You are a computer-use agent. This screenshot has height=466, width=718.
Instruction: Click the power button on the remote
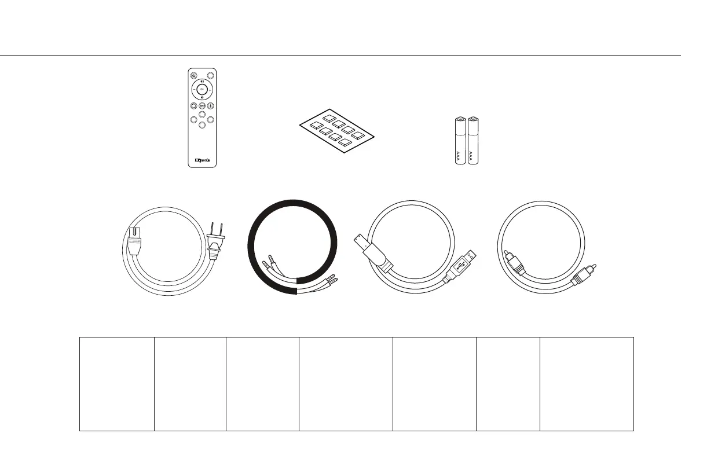(x=193, y=75)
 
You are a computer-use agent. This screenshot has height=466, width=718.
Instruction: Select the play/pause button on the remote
(x=202, y=106)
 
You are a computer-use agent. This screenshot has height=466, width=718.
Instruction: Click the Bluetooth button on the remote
(x=211, y=106)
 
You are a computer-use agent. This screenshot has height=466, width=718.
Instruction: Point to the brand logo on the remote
(x=202, y=160)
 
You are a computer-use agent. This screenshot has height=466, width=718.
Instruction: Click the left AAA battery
(x=461, y=141)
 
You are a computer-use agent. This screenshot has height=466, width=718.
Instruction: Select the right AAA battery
(x=475, y=141)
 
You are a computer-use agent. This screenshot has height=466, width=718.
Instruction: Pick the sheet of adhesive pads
(x=336, y=131)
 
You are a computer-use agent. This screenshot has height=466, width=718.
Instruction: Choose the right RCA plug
(x=583, y=274)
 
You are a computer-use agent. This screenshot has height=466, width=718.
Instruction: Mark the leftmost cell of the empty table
(x=117, y=384)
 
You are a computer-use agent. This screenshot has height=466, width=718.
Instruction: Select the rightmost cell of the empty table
(x=587, y=384)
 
